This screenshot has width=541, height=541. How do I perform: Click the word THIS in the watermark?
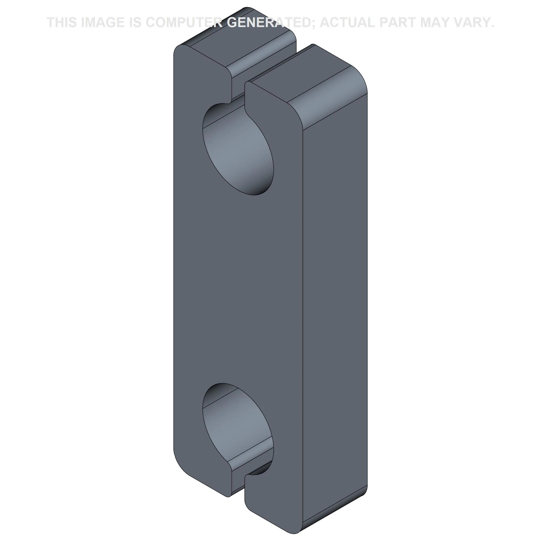[62, 22]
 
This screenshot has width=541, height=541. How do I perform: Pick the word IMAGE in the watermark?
[103, 22]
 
